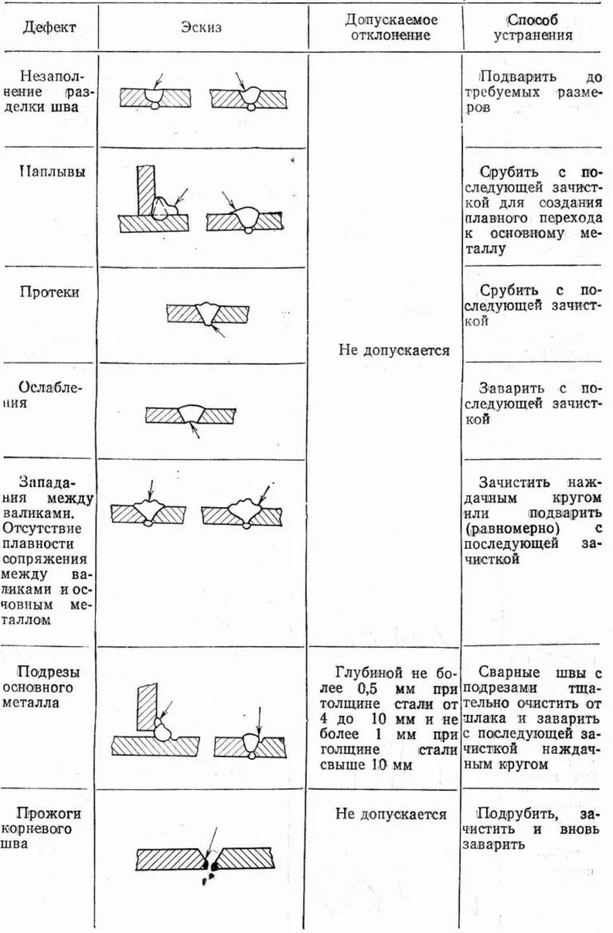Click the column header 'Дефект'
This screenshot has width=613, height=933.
(49, 28)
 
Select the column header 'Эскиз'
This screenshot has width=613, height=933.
(202, 28)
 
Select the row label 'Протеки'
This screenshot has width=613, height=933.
(49, 292)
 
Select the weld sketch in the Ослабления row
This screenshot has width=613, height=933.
(191, 415)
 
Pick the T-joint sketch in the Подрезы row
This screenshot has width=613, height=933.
(156, 723)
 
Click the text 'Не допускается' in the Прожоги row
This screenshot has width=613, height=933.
(390, 815)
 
